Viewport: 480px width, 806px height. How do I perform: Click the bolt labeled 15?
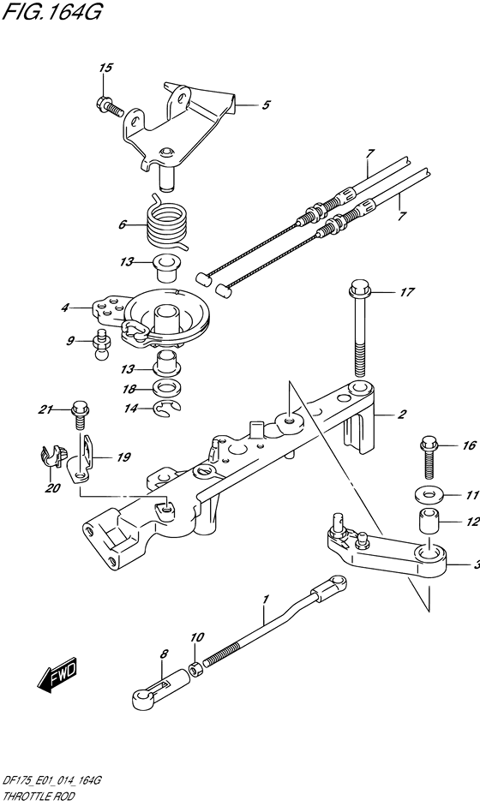[x=108, y=104]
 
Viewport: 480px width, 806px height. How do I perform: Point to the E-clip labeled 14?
[x=168, y=409]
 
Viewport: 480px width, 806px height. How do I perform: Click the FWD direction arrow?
[x=57, y=673]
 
